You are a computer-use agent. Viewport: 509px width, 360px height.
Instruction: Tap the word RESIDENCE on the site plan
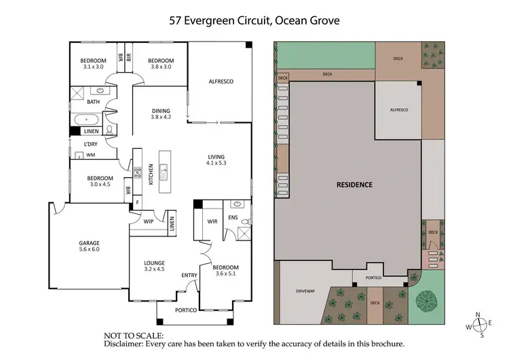[x=355, y=185]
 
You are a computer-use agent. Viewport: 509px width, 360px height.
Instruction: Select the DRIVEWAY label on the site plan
[x=306, y=291]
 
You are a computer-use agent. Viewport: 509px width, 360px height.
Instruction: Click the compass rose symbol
[x=480, y=325]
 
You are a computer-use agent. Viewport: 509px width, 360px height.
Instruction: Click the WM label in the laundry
[x=90, y=155]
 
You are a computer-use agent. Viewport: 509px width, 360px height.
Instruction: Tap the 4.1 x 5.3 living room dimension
[x=218, y=164]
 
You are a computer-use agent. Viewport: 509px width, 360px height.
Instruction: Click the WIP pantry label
[x=149, y=221]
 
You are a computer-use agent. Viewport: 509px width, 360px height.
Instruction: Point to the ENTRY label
[x=188, y=274]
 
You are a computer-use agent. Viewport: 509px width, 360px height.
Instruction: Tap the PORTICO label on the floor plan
[x=185, y=310]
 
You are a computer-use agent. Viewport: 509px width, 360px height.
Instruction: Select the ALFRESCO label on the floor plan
[x=220, y=82]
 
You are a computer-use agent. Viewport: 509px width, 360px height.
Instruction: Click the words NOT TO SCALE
[x=132, y=336]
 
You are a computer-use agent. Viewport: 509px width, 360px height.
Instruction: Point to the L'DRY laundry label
[x=91, y=144]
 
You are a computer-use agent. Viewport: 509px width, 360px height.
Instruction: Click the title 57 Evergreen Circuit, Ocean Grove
[x=255, y=20]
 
